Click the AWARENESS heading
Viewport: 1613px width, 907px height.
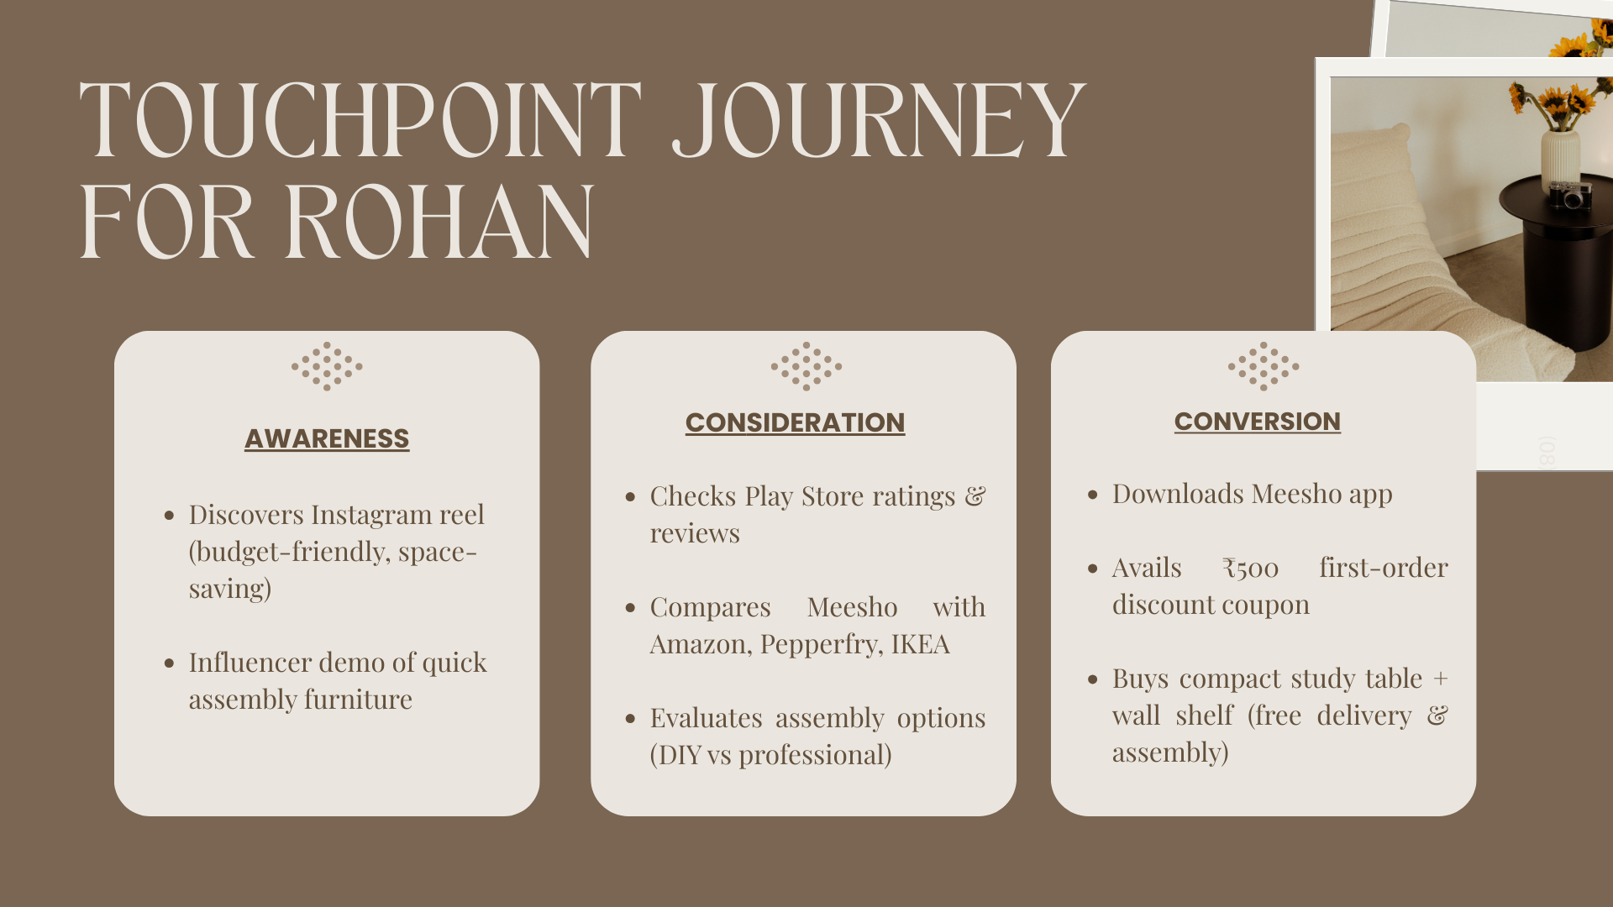point(327,438)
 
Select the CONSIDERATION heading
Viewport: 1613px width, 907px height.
point(795,422)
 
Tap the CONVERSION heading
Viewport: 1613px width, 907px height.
point(1257,421)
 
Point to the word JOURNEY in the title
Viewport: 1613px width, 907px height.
point(879,119)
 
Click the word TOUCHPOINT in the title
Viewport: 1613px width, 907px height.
point(360,119)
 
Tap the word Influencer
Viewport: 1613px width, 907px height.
point(244,662)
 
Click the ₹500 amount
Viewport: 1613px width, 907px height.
point(1250,569)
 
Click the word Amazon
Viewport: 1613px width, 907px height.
point(701,645)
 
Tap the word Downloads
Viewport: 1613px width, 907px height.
point(1178,493)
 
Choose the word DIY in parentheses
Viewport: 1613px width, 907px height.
point(678,755)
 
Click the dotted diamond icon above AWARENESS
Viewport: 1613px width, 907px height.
point(327,366)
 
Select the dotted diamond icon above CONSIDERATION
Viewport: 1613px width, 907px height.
point(806,366)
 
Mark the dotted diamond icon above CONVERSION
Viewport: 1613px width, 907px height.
point(1263,366)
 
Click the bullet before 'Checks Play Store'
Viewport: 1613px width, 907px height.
point(630,497)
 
